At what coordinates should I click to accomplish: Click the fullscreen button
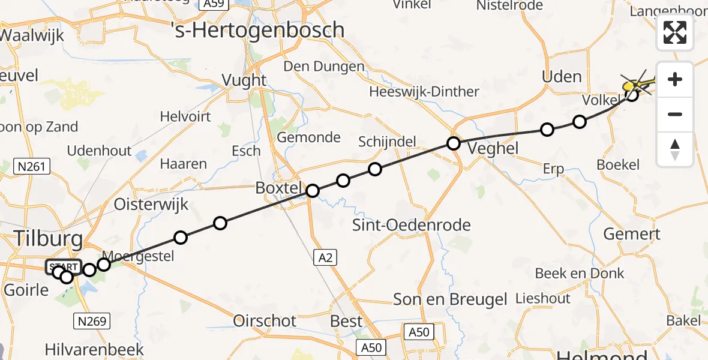[675, 32]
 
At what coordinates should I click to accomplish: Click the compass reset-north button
[675, 149]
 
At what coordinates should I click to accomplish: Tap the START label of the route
[63, 266]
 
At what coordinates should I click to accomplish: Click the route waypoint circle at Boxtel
[313, 191]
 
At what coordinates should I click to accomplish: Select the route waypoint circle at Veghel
[454, 143]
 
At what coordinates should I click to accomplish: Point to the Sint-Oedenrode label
[412, 226]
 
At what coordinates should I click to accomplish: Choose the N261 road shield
[32, 166]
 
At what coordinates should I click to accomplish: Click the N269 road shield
[92, 322]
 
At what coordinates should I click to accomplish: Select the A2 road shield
[324, 258]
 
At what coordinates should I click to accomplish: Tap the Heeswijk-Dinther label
[424, 92]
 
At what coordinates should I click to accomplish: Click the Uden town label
[562, 77]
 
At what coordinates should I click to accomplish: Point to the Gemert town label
[631, 234]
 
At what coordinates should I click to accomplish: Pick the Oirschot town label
[265, 321]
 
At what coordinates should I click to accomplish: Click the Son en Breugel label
[450, 299]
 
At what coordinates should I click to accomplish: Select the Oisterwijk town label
[151, 204]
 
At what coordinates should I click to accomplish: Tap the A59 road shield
[214, 4]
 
